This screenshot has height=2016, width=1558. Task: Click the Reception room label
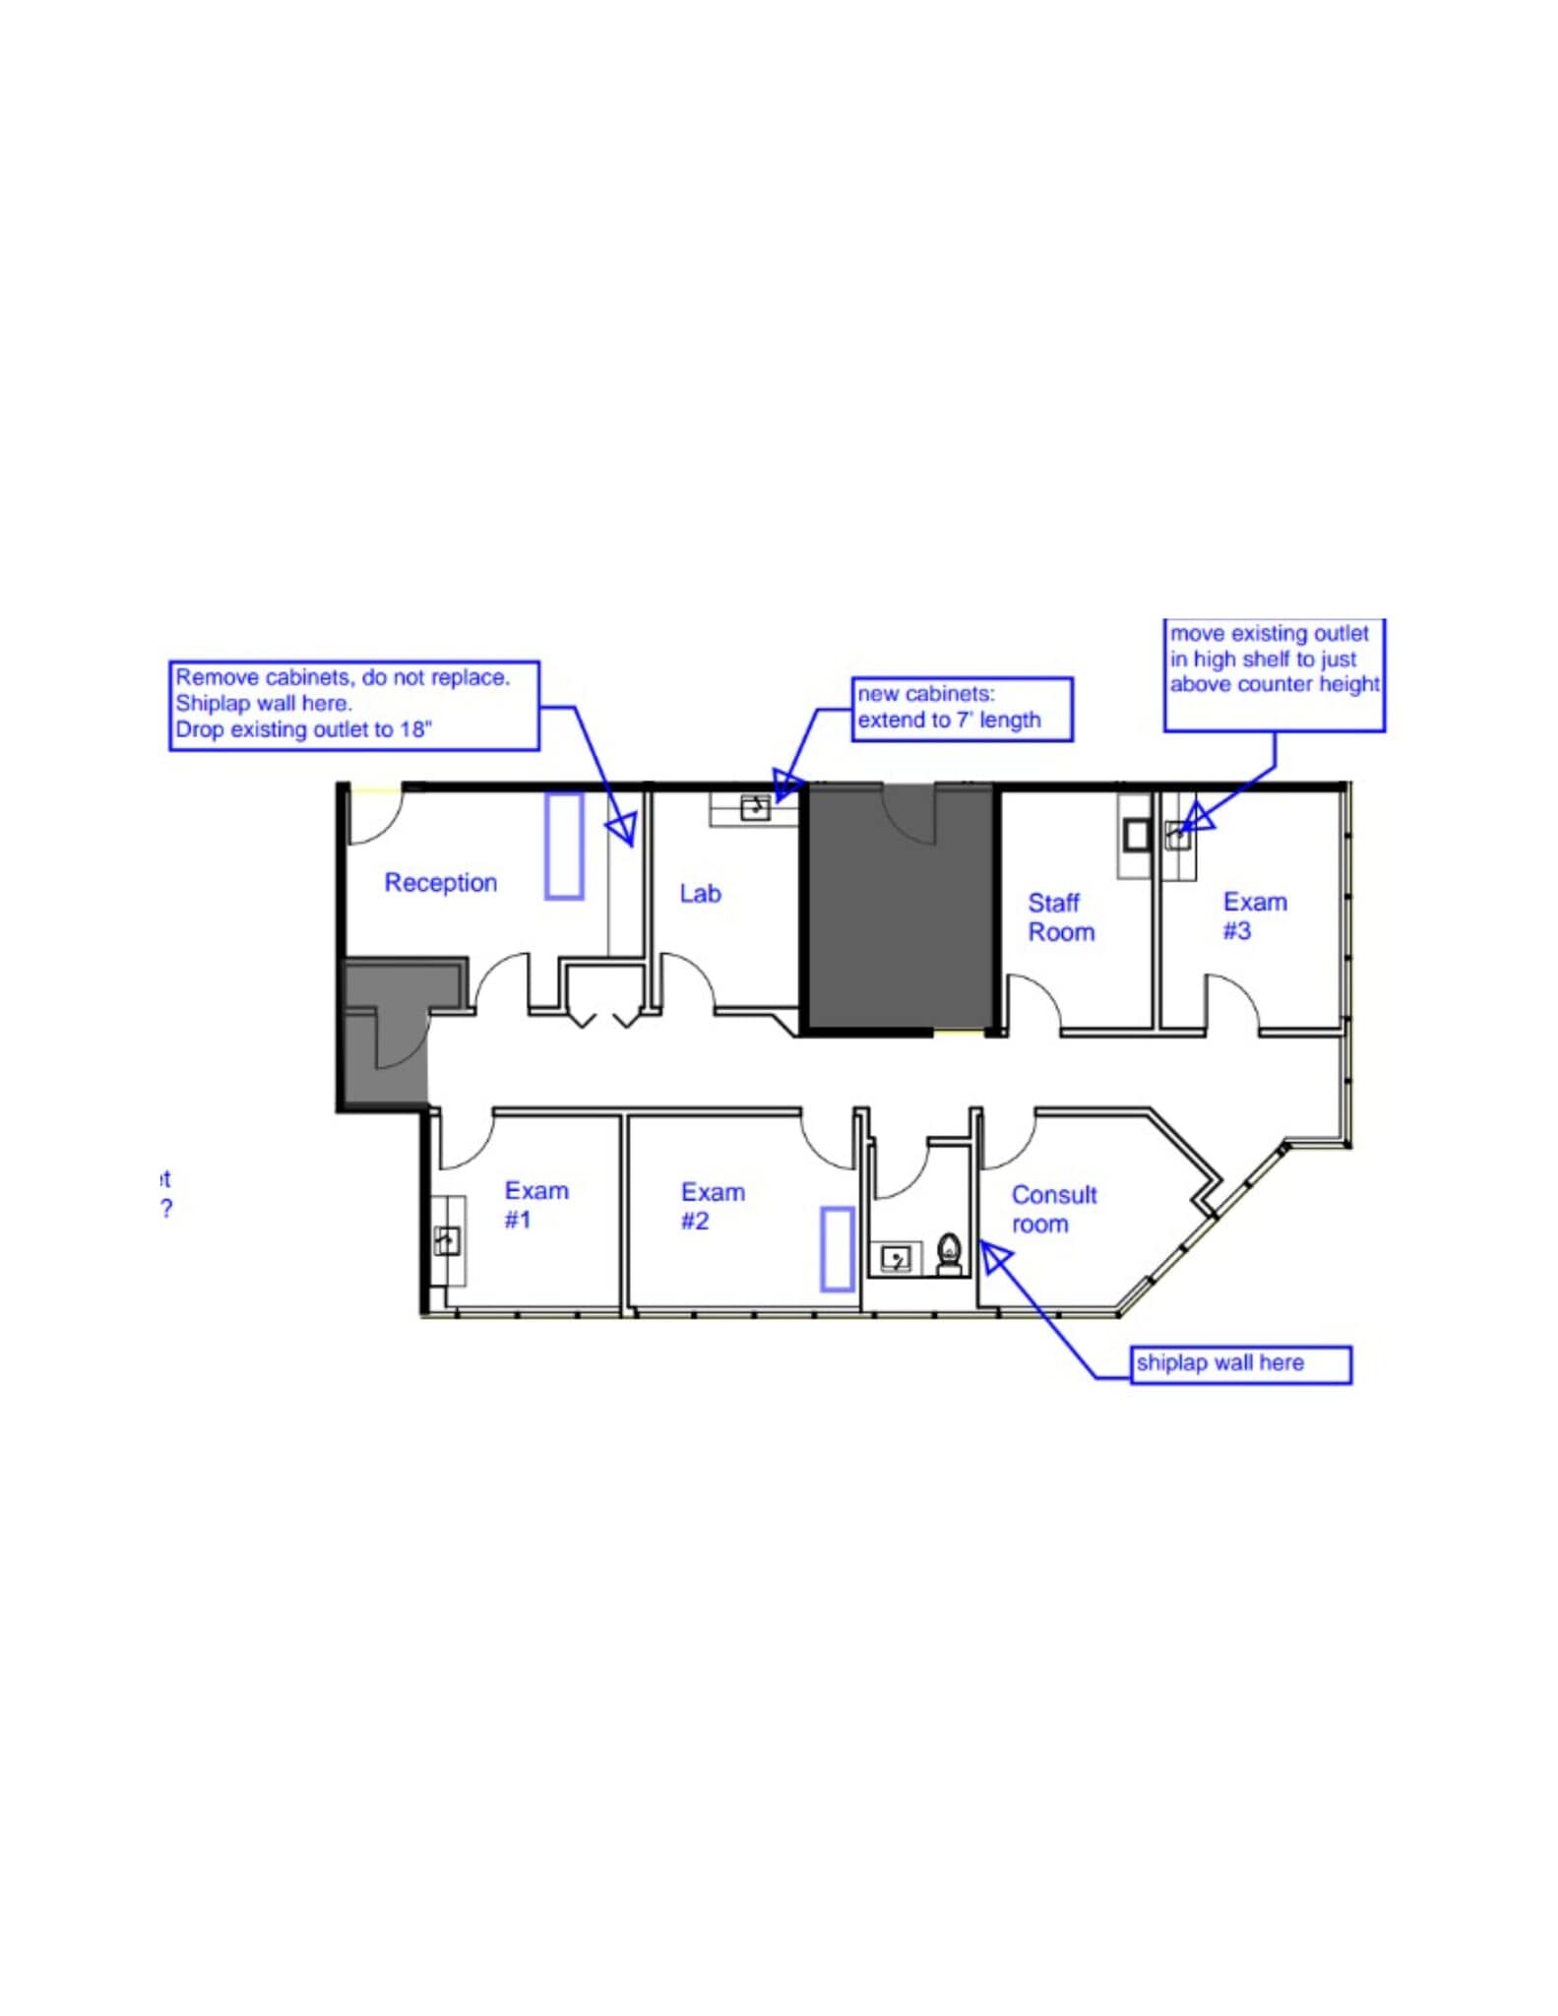[440, 883]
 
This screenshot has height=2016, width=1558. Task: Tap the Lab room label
[700, 894]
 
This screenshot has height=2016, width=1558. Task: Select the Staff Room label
[1059, 917]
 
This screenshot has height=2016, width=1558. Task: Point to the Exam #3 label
[1254, 916]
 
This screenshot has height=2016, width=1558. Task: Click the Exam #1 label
[535, 1205]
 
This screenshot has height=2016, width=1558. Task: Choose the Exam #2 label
[712, 1206]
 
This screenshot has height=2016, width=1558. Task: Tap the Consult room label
[1053, 1209]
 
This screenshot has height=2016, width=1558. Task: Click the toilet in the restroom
[949, 1253]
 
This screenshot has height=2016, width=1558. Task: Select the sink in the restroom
[896, 1258]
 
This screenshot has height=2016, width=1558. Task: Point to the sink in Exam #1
[448, 1241]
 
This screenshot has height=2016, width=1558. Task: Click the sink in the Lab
[755, 808]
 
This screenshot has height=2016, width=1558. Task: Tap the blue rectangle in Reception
[564, 847]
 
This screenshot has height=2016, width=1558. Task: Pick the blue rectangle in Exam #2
[837, 1249]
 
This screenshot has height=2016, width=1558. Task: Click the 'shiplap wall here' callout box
[1240, 1364]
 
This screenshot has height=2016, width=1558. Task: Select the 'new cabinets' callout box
[961, 709]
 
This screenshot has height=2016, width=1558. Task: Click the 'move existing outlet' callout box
[1274, 674]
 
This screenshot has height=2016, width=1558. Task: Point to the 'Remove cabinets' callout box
[353, 705]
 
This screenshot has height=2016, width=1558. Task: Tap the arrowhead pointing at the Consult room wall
[994, 1257]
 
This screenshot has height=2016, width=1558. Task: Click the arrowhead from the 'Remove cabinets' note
[623, 828]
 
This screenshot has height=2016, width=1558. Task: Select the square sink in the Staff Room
[1137, 836]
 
